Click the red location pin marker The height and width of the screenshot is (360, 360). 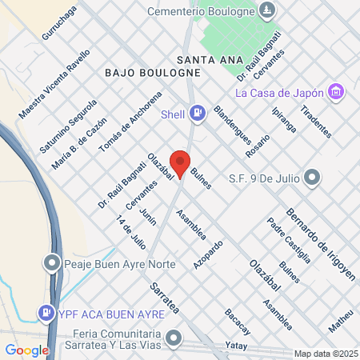(x=181, y=163)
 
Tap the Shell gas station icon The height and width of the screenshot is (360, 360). (x=198, y=114)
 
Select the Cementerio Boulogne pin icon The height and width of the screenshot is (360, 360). (x=268, y=11)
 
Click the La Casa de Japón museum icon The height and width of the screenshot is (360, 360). (x=337, y=93)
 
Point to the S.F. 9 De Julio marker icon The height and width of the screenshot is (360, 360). (x=313, y=177)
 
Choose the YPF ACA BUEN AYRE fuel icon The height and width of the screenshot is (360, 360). (x=47, y=312)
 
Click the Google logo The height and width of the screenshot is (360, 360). (x=26, y=350)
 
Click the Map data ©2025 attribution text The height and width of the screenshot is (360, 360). (x=326, y=354)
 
